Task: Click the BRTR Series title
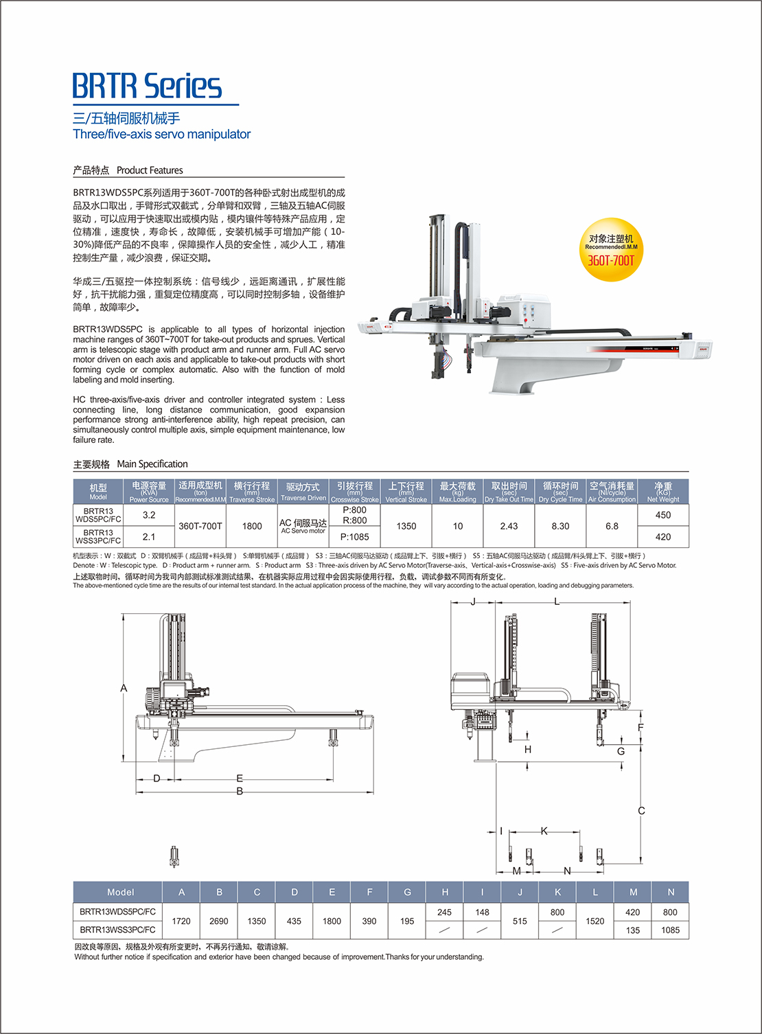[x=147, y=87]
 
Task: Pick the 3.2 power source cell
[x=149, y=515]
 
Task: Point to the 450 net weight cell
[x=662, y=515]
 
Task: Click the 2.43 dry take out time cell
[x=509, y=526]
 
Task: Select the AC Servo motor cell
[x=303, y=526]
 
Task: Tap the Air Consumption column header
[x=612, y=492]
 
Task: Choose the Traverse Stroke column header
[x=252, y=492]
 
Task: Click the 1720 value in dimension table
[x=181, y=921]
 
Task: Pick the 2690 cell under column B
[x=219, y=921]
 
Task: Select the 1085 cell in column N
[x=670, y=930]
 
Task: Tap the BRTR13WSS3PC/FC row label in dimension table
[x=117, y=930]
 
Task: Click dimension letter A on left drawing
[x=124, y=688]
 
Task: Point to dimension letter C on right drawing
[x=641, y=811]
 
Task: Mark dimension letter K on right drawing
[x=544, y=831]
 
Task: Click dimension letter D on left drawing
[x=157, y=779]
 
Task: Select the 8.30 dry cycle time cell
[x=560, y=526]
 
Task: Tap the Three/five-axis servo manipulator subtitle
[x=162, y=135]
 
